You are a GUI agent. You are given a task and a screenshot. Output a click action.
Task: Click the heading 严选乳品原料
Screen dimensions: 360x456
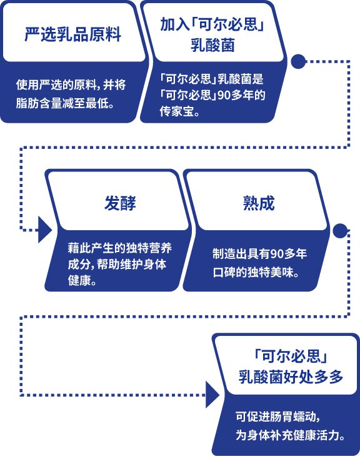point(72,34)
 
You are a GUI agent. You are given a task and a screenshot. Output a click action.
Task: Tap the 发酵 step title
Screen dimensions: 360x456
point(120,203)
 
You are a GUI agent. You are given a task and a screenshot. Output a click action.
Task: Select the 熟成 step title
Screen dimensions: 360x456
point(259,203)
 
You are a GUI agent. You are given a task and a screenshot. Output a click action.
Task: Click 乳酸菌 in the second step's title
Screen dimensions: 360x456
point(212,46)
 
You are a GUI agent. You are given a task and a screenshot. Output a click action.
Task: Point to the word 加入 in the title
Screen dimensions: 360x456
point(174,24)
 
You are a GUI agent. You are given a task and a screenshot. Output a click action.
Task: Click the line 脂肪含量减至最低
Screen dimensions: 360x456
point(65,103)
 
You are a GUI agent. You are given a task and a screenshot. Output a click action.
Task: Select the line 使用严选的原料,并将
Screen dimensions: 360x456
point(71,84)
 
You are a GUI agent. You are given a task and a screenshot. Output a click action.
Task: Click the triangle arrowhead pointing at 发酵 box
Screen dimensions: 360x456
point(45,230)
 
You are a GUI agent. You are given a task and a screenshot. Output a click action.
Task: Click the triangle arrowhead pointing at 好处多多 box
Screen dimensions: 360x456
point(212,395)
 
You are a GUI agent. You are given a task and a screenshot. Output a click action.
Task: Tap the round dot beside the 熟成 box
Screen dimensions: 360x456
point(340,231)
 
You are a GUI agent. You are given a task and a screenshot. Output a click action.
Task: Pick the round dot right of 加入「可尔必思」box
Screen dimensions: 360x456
point(298,61)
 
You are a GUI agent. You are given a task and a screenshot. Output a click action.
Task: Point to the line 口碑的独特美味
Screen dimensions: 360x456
point(256,273)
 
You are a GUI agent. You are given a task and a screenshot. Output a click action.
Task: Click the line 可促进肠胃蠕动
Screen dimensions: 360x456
point(277,417)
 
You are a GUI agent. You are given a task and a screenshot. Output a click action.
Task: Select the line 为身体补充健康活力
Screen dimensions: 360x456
point(290,435)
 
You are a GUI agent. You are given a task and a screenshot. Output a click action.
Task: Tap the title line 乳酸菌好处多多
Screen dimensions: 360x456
point(291,377)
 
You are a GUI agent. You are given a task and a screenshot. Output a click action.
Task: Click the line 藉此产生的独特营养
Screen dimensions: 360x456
point(120,248)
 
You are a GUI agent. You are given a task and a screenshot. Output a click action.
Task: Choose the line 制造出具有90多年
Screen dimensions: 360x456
point(259,254)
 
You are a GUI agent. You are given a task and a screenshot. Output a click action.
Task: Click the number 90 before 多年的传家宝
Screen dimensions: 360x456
point(224,95)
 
